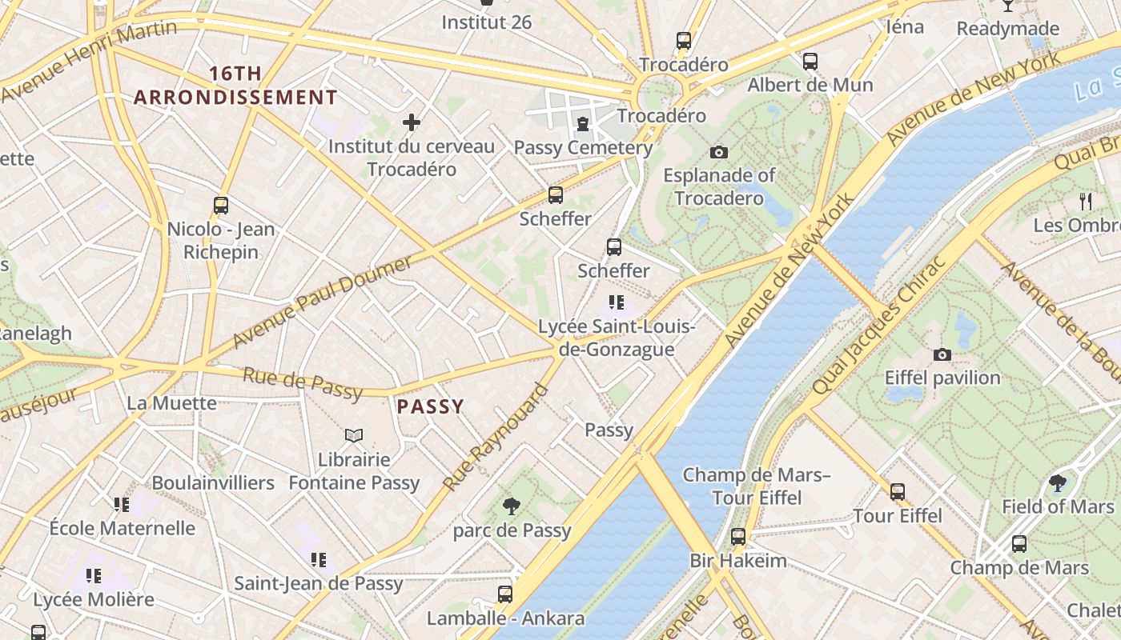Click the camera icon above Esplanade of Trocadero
[x=719, y=152]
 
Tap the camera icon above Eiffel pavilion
[x=942, y=354]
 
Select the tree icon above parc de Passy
[x=511, y=506]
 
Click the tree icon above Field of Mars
[x=1058, y=482]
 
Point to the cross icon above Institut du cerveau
[x=412, y=122]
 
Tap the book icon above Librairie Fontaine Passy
[x=354, y=435]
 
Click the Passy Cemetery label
[x=583, y=148]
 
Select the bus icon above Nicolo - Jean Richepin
[x=221, y=206]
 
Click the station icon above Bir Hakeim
[x=738, y=537]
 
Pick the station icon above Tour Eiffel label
[x=898, y=492]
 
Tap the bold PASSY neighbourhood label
[x=431, y=406]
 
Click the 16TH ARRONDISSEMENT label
[x=235, y=86]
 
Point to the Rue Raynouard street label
[x=496, y=438]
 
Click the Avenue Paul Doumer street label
[x=323, y=302]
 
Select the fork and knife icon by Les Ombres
[x=1086, y=201]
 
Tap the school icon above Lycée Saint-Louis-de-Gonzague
[x=616, y=302]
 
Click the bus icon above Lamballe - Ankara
[x=505, y=594]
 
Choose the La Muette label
[x=171, y=402]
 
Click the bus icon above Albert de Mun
[x=810, y=62]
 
